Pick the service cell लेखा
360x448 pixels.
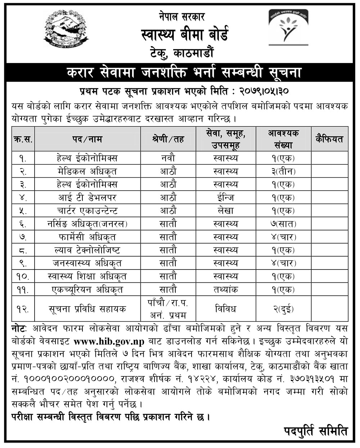tap(225, 211)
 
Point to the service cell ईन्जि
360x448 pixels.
tap(225, 197)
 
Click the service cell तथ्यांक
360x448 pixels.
tap(225, 289)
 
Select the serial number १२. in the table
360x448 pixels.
tap(23, 308)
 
